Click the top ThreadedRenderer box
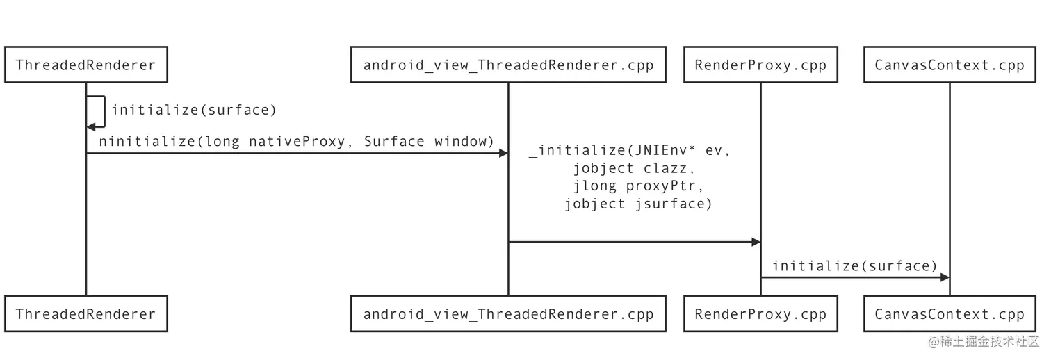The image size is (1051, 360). point(85,65)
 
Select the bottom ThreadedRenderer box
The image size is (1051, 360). point(85,314)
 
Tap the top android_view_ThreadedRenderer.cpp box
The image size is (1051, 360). point(508,65)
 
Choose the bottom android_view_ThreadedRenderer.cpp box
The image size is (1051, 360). point(508,314)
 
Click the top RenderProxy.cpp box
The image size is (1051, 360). point(760,65)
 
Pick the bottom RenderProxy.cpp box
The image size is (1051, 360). point(760,314)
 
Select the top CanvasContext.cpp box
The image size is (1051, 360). point(950,65)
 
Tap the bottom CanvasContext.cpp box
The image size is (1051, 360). point(950,314)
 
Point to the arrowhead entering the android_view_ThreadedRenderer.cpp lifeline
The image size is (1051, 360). point(503,153)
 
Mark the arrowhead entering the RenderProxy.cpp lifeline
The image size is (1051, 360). point(756,242)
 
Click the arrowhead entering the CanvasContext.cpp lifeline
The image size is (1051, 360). point(945,277)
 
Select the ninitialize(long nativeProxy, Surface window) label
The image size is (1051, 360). point(296,142)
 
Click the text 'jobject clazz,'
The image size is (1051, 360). point(633,168)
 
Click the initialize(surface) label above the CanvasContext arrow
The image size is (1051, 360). point(855,266)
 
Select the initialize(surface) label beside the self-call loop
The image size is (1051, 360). point(194,110)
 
